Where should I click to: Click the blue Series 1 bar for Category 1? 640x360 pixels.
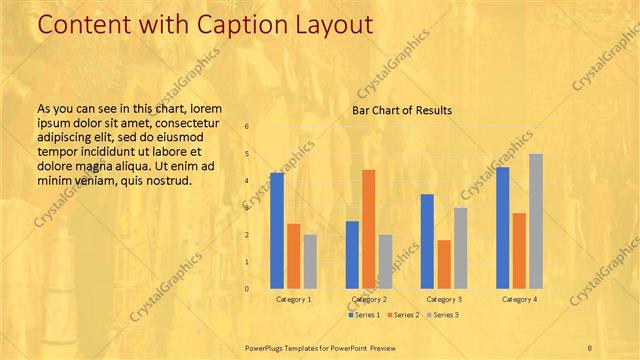277,231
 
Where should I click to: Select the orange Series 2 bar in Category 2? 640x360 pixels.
369,229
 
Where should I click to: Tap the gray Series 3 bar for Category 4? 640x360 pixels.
536,221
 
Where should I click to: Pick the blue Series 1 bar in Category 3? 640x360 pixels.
427,241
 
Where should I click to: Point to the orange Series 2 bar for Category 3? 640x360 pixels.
444,264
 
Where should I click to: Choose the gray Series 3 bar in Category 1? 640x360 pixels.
310,262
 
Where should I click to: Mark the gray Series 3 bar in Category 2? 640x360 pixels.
385,262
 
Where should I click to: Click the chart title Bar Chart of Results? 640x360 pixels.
402,110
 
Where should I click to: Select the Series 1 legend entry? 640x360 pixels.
364,315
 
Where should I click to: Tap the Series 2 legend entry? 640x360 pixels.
403,315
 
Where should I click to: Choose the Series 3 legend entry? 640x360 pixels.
443,315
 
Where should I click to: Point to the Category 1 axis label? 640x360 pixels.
294,299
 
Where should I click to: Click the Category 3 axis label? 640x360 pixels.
444,299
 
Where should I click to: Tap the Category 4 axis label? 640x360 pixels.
519,299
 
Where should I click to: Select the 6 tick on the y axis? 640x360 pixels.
247,127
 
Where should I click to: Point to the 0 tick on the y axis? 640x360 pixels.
247,289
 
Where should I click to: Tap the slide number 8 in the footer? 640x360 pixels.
590,346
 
